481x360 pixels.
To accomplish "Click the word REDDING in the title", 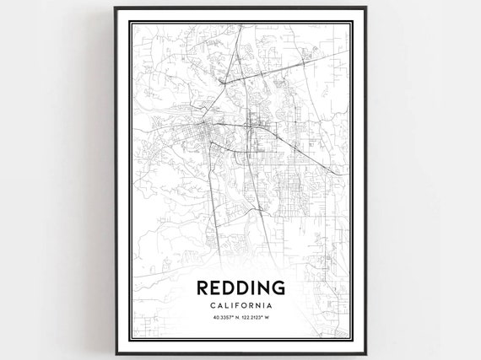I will pyautogui.click(x=240, y=288).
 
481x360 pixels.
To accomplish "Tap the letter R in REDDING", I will pyautogui.click(x=202, y=288).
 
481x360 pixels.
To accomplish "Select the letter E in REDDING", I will pyautogui.click(x=216, y=288).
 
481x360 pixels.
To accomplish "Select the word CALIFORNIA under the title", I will pyautogui.click(x=240, y=306).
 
